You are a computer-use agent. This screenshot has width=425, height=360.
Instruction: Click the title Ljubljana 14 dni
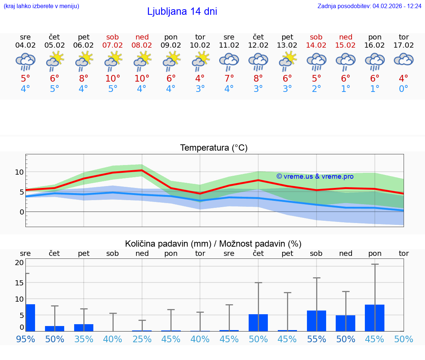(182, 11)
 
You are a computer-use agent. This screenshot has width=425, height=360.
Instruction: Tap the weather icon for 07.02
(113, 61)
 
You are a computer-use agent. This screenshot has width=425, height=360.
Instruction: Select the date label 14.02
(317, 45)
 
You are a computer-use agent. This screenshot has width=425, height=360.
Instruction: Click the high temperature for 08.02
(142, 78)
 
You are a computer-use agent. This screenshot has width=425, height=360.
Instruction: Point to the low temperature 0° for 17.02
(404, 89)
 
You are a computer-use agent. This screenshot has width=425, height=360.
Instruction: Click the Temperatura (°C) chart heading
(214, 148)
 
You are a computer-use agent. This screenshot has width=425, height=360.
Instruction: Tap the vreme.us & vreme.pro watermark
(315, 176)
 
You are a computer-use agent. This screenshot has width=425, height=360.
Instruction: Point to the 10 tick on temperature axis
(19, 172)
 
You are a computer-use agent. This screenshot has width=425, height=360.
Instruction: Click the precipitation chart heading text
(213, 244)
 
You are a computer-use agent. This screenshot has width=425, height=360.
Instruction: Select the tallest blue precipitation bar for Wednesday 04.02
(30, 318)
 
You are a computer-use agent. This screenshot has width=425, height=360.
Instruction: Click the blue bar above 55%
(317, 320)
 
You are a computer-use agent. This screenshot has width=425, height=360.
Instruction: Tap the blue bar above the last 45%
(374, 318)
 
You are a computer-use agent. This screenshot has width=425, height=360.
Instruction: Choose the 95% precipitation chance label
(25, 339)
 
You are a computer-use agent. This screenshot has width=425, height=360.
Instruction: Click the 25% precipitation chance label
(142, 339)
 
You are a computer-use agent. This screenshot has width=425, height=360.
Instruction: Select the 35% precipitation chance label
(84, 339)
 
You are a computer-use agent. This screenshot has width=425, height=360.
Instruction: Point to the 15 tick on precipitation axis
(19, 282)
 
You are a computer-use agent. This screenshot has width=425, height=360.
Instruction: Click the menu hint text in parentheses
(41, 6)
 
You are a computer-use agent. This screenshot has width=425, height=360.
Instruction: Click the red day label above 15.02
(346, 37)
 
